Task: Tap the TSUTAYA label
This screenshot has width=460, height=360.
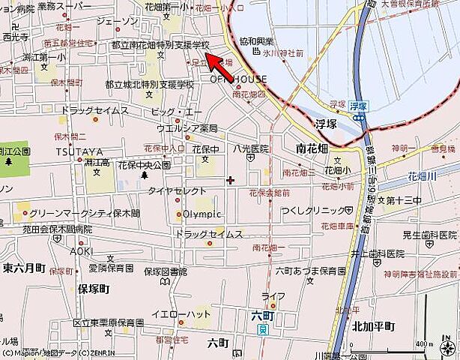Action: pos(74,151)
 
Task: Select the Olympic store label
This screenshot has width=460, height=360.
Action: pos(202,214)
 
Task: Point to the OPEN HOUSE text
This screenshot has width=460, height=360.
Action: pos(237,79)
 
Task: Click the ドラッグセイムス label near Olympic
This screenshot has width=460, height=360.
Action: pos(209,235)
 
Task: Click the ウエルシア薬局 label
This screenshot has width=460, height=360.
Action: pos(187,128)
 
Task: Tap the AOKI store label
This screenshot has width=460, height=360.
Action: pos(82,251)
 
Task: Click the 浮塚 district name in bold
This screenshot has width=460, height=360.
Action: pos(327,124)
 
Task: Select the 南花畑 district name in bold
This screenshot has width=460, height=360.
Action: pos(312,148)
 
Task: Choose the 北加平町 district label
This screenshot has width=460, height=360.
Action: pos(372,326)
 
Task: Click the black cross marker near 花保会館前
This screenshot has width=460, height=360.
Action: pos(230,180)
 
